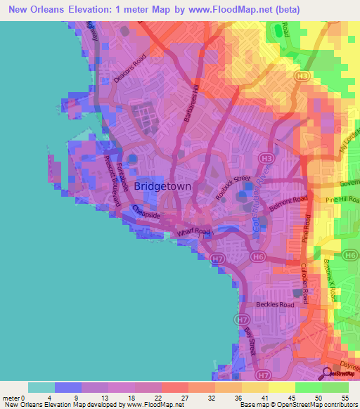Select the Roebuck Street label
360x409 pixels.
click(x=233, y=188)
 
